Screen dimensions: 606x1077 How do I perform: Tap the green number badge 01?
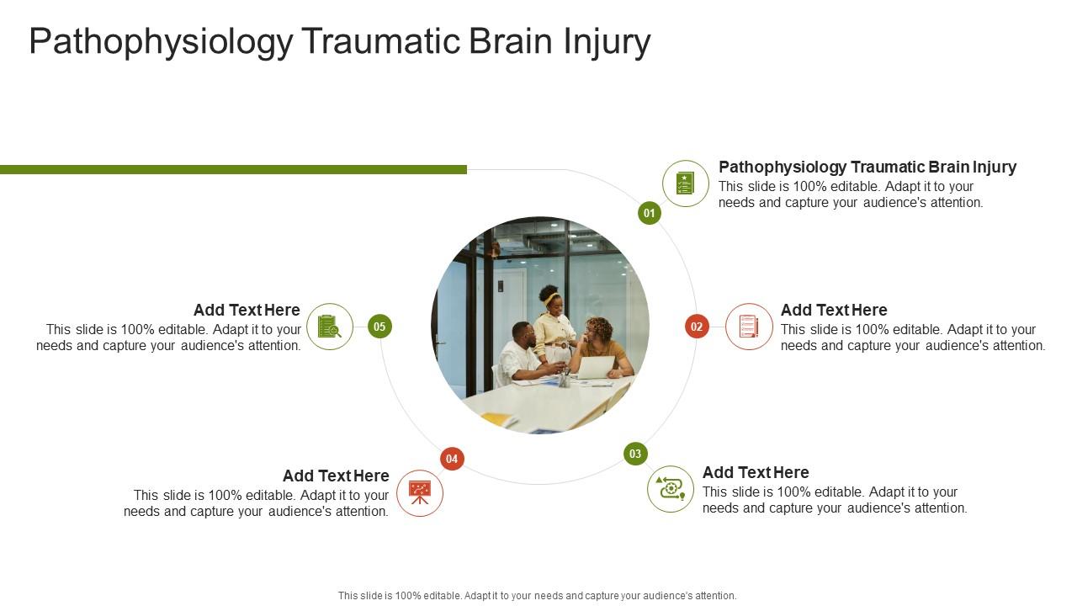pos(649,213)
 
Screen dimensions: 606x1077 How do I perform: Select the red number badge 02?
pos(697,327)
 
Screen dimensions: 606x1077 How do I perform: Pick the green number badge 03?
pos(635,454)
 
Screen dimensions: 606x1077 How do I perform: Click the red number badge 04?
pos(452,459)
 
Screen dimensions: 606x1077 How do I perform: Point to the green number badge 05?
pos(379,327)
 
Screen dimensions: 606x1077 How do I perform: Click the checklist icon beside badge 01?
pos(686,183)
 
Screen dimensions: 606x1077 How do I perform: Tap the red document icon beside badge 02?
pos(749,327)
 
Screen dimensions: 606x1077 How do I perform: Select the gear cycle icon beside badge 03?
pos(671,488)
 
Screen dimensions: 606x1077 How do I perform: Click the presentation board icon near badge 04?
pos(420,492)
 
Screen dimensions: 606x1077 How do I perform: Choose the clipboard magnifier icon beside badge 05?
pos(330,327)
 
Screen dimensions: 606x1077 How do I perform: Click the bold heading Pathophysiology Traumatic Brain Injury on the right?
pos(867,167)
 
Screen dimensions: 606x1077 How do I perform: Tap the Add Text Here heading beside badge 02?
pos(834,310)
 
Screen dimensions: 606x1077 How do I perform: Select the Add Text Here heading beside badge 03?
pos(756,472)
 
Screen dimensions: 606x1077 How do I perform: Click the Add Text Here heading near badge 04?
pos(336,476)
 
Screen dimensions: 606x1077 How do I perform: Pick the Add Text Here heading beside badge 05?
pos(247,310)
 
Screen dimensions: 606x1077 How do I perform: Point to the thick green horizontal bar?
pos(233,169)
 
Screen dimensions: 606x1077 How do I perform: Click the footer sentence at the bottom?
pos(538,595)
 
